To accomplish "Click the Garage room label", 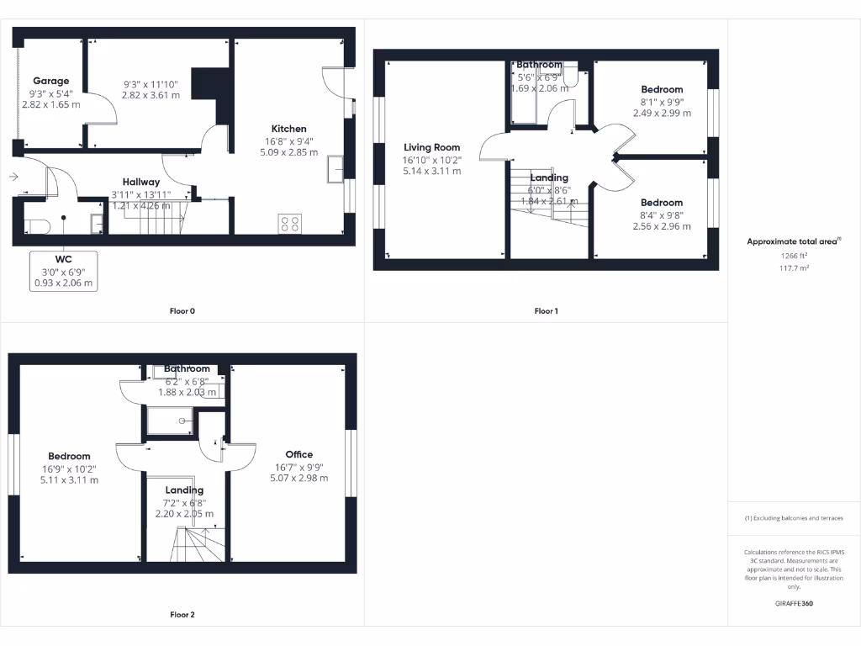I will (x=51, y=82).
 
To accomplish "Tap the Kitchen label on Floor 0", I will (x=289, y=129).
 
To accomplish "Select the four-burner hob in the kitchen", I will (x=289, y=224).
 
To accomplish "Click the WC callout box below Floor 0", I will (x=64, y=271).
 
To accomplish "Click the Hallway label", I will (x=141, y=181).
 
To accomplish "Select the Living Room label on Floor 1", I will (x=431, y=147).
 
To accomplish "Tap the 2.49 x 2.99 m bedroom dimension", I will (x=662, y=113).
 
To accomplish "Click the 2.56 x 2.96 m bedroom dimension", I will (x=662, y=226).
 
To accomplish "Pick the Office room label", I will (x=298, y=455).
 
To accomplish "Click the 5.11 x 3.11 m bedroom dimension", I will (x=69, y=480).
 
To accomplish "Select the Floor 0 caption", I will (x=182, y=311).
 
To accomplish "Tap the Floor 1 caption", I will (x=546, y=311).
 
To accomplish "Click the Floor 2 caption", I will (x=182, y=615).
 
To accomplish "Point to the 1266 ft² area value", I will (x=794, y=256).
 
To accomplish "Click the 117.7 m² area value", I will (x=794, y=268).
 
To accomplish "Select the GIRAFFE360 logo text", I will (x=794, y=603).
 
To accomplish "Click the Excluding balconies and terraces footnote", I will (x=794, y=518).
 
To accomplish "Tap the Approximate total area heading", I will (x=793, y=241).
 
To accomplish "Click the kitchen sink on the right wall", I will (x=336, y=169).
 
